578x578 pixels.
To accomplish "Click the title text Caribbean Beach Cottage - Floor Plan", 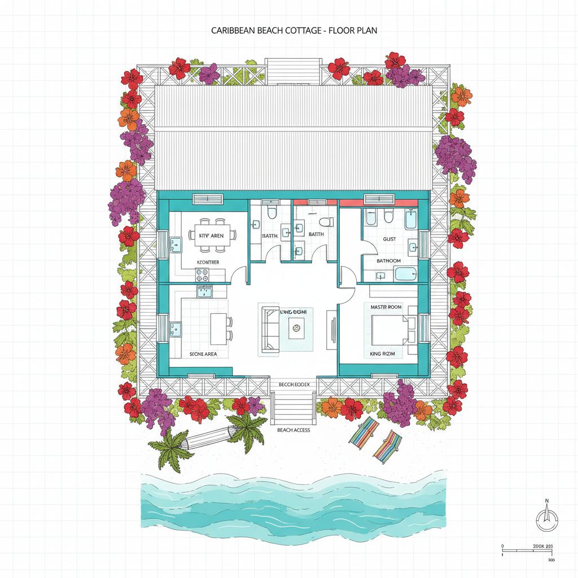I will point(294,30).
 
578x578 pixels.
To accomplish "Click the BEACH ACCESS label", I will point(294,430).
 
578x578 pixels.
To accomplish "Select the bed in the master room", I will point(389,329).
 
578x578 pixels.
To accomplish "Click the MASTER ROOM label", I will point(386,307).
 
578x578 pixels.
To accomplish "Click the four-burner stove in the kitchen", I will point(202,275).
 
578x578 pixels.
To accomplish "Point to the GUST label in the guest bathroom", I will point(389,239).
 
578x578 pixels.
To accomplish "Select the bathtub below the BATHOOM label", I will point(406,275).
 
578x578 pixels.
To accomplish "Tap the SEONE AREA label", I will point(203,354).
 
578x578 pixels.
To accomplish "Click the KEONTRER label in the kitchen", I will point(207,262).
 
